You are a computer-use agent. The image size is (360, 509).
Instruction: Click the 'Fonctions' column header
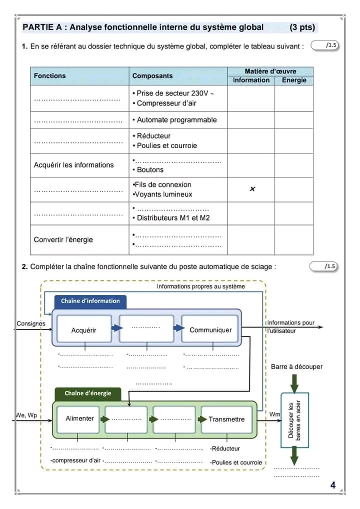(49, 76)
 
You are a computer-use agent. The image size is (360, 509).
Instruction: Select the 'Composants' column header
(152, 76)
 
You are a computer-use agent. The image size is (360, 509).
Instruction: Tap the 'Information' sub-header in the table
(251, 80)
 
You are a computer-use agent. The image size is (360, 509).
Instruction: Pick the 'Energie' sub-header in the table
(294, 80)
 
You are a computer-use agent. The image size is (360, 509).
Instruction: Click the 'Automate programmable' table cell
(176, 120)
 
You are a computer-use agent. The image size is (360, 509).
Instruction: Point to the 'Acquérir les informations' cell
(73, 165)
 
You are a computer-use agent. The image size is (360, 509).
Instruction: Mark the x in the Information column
(252, 189)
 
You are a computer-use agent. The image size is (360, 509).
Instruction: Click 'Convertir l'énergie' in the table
(63, 239)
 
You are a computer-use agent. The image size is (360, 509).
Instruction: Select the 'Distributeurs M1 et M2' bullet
(173, 218)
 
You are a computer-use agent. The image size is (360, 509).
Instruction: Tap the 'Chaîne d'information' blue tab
(90, 301)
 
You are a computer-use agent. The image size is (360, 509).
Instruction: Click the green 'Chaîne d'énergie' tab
(88, 393)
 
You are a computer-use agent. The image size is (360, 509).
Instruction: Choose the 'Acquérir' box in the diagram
(84, 330)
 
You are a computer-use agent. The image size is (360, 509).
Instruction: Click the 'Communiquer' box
(210, 330)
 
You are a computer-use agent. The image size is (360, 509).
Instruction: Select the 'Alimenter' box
(79, 418)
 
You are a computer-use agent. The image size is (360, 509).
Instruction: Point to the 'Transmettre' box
(226, 419)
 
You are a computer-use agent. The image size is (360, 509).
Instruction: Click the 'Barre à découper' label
(296, 367)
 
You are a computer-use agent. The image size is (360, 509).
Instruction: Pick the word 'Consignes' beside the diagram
(31, 323)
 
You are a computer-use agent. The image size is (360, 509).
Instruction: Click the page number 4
(332, 485)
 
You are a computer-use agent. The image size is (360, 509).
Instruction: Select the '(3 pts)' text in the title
(302, 27)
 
